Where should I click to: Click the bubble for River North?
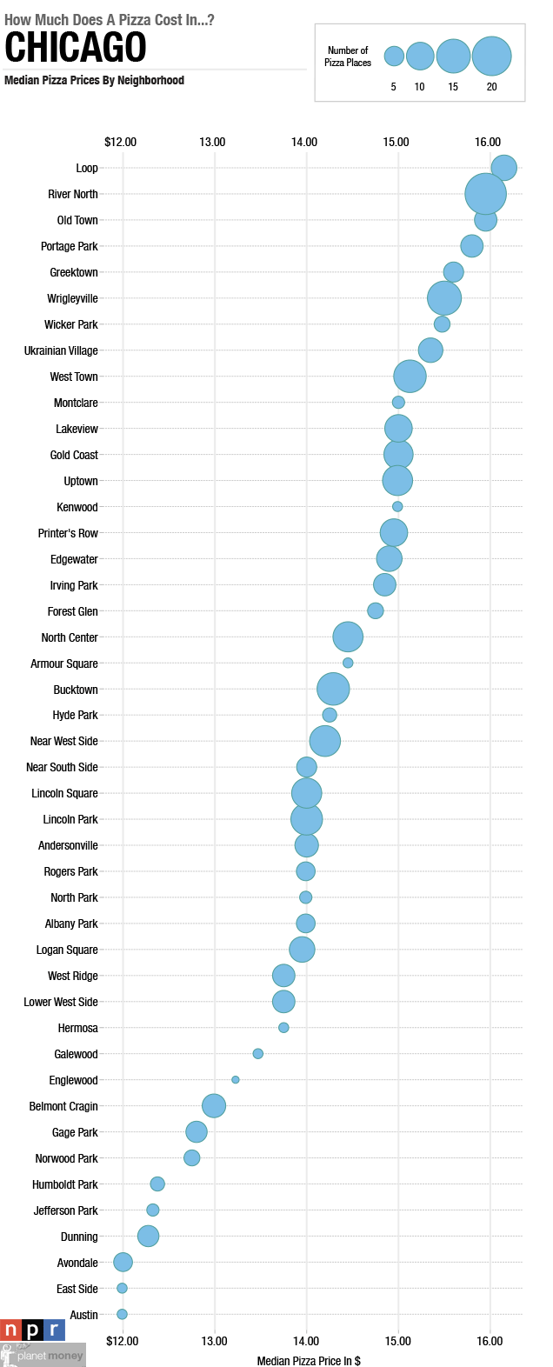(x=485, y=193)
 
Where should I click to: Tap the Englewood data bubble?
(x=236, y=1079)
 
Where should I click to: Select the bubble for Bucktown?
(x=333, y=689)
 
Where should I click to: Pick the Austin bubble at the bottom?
(x=122, y=1314)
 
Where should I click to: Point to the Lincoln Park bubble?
(x=306, y=818)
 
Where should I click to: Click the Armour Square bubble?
(x=348, y=663)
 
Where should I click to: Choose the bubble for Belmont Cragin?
(x=214, y=1105)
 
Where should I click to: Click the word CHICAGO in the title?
(x=76, y=47)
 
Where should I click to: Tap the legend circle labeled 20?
(x=491, y=57)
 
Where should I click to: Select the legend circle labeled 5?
(x=394, y=57)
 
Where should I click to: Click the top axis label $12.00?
(x=120, y=142)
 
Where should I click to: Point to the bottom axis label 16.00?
(x=490, y=1341)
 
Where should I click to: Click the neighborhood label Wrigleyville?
(x=72, y=298)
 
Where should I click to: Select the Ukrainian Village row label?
(x=61, y=350)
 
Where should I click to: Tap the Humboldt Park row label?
(x=65, y=1184)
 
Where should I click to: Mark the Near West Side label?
(x=64, y=741)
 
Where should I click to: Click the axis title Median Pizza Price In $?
(x=309, y=1360)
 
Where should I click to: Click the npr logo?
(x=32, y=1330)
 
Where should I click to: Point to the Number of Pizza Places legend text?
(x=348, y=57)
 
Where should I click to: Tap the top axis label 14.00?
(x=304, y=142)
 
